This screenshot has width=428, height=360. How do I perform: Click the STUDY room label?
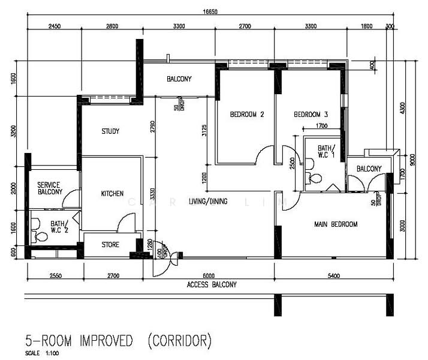(110, 131)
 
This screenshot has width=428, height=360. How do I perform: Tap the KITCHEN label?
(112, 194)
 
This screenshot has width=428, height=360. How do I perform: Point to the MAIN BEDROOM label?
(336, 224)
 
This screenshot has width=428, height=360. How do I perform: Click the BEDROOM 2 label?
(247, 115)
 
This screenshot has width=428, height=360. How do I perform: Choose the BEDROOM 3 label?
(311, 115)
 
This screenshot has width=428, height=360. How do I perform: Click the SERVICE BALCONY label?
(49, 188)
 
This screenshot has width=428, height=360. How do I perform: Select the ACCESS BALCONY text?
(212, 284)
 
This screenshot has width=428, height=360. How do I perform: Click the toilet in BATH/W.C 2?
(41, 237)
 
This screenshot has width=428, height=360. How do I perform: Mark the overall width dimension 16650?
(209, 11)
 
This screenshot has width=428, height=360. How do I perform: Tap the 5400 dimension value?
(333, 276)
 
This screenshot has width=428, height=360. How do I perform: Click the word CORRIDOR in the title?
(180, 341)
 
